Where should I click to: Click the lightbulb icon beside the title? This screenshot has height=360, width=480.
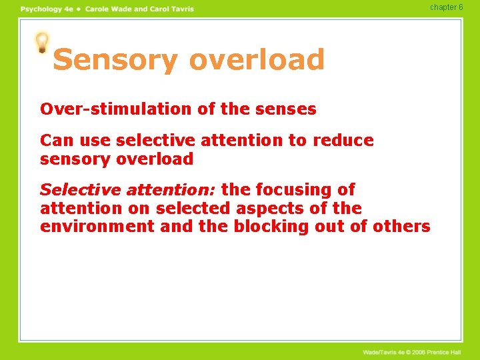point(43,43)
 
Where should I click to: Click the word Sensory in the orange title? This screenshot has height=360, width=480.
point(114,59)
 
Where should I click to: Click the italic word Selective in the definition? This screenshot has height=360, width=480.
point(80,190)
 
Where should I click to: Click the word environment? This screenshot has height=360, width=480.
point(98,227)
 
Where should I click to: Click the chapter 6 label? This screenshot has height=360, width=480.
point(446,7)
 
